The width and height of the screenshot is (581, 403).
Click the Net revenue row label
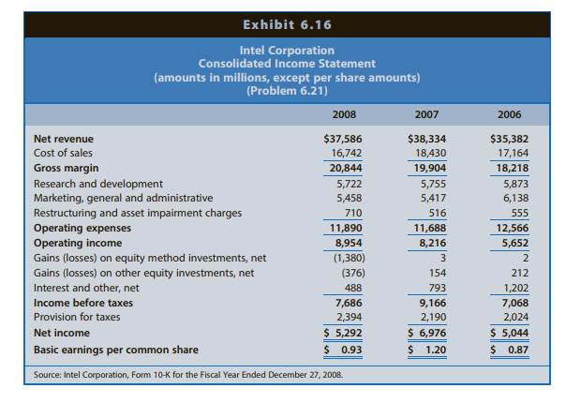click(x=64, y=139)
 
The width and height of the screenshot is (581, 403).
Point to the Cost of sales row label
click(x=63, y=153)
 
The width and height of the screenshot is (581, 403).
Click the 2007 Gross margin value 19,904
click(x=429, y=169)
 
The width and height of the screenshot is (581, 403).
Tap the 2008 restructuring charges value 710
click(x=353, y=213)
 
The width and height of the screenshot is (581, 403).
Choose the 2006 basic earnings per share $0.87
click(x=511, y=350)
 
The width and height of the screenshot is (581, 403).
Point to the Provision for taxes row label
click(x=77, y=317)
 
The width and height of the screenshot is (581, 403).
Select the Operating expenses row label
click(x=82, y=228)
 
